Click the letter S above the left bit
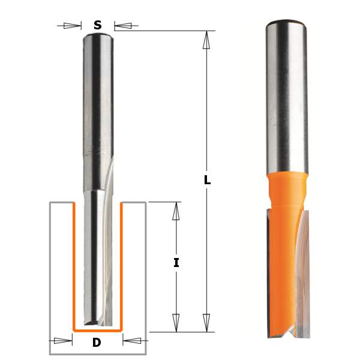point(97,25)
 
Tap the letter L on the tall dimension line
point(207,179)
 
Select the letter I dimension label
point(176,262)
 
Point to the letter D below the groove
point(97,343)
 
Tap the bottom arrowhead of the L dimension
point(207,322)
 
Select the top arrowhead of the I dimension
point(176,211)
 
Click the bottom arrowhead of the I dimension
point(176,322)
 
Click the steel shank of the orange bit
point(286,96)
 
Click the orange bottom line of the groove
point(97,330)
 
